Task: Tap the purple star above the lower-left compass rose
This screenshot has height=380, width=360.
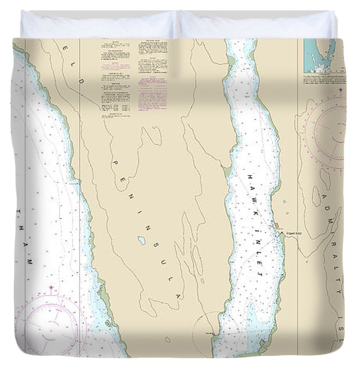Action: point(51,288)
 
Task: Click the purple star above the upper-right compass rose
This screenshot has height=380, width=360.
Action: point(341,90)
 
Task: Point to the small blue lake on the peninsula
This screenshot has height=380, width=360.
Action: point(142,241)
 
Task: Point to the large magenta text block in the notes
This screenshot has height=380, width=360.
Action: point(152,94)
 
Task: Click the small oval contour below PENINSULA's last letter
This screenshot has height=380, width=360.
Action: point(167,339)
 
